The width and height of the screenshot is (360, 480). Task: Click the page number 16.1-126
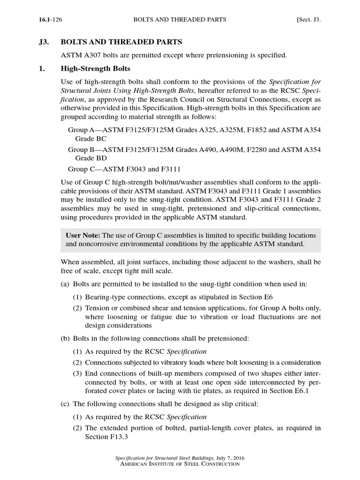pos(49,20)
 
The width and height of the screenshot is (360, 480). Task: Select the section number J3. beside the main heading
pos(44,42)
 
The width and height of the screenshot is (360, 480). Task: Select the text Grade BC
pos(91,139)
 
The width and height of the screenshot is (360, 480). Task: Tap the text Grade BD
pos(91,159)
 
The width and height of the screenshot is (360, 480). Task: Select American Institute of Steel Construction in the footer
pos(180,464)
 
